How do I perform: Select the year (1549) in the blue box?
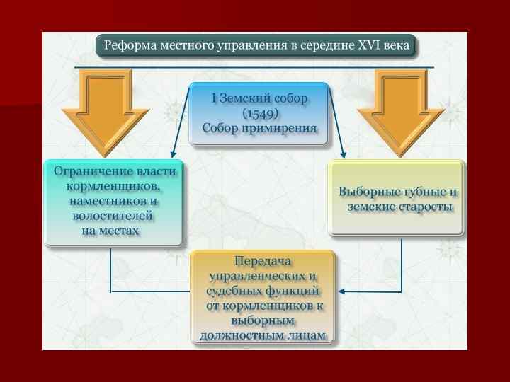tap(261, 113)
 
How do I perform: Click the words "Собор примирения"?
tap(259, 127)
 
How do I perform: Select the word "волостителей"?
tap(113, 216)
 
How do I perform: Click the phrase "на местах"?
tap(110, 231)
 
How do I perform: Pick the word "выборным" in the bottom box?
tap(263, 320)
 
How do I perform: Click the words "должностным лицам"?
tap(263, 335)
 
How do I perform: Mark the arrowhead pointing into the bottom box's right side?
tap(341, 291)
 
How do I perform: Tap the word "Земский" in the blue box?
tap(248, 98)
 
